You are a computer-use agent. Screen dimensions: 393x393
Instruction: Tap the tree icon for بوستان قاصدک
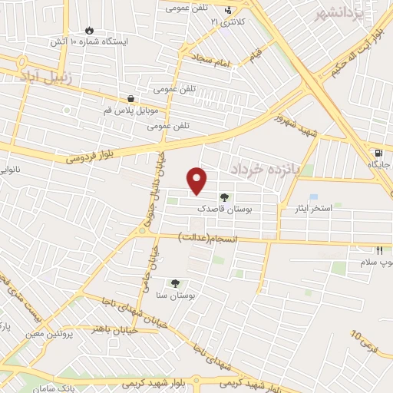(x=223, y=196)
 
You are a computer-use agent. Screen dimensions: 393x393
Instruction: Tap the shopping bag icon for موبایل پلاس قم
(x=131, y=99)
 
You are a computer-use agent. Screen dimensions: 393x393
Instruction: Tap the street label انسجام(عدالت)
(x=208, y=238)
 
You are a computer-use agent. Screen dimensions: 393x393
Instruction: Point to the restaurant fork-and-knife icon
(x=378, y=250)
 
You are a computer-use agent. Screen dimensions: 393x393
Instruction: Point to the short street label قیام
(x=255, y=54)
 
